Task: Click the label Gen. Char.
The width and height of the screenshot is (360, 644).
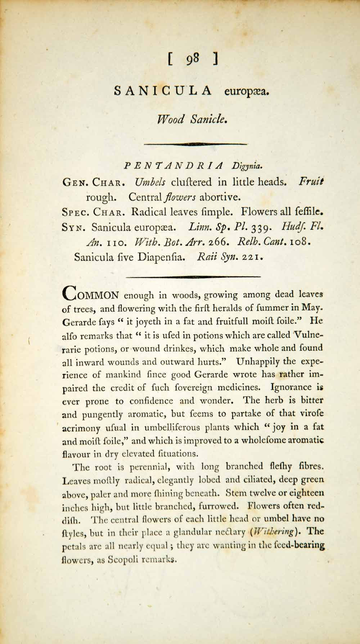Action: click(94, 182)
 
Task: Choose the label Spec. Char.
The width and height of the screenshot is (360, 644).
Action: click(94, 212)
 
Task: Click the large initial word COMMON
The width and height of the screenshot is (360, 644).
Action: click(90, 295)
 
